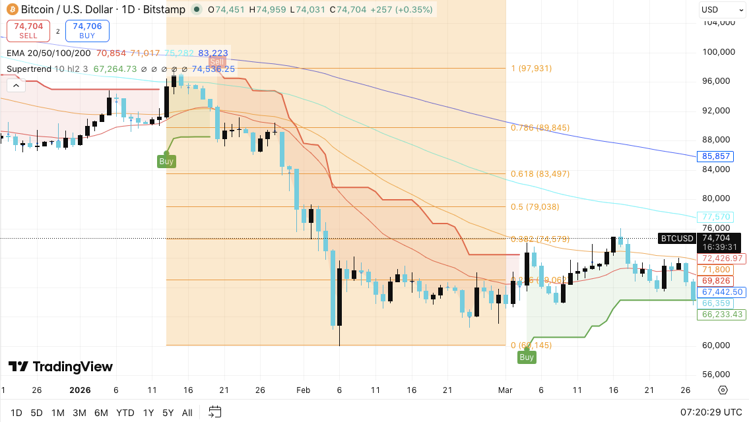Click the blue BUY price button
pos(87,31)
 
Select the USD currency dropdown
pos(721,10)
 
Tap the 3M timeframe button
pos(79,413)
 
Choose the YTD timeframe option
pos(125,413)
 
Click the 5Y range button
pos(168,413)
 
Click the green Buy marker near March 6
pos(527,357)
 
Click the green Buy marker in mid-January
pos(166,161)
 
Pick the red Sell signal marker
pos(217,61)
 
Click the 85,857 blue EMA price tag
pos(716,156)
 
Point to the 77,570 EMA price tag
pos(716,216)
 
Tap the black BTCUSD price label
pos(677,239)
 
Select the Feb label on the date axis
pos(303,390)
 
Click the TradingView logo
pos(61,367)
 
